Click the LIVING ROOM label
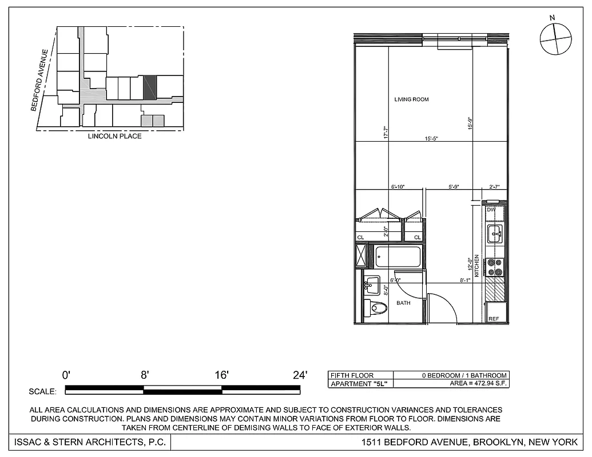pos(411,99)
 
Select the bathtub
pos(399,256)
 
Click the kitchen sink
pos(494,233)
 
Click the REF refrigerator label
pos(494,319)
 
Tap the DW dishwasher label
pos(490,210)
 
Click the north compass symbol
pos(555,39)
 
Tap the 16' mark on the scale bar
pos(222,375)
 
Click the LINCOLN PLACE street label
pos(114,137)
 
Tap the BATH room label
pos(403,303)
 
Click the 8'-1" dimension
pos(465,280)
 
